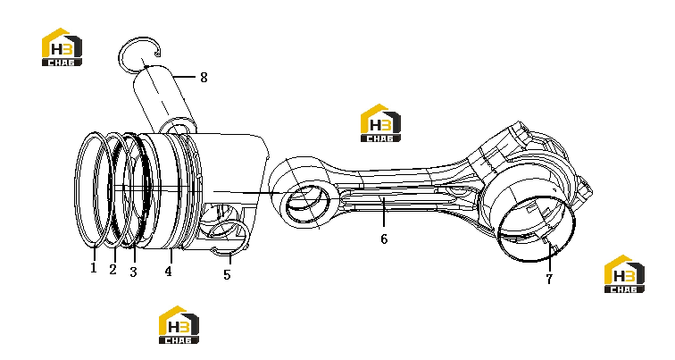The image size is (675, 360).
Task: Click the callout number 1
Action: pyautogui.click(x=94, y=268)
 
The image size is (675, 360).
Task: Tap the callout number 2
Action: pyautogui.click(x=112, y=269)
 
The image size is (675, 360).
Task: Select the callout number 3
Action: pyautogui.click(x=133, y=272)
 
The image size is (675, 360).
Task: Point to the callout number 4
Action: pyautogui.click(x=169, y=272)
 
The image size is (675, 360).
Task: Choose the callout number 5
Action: pyautogui.click(x=227, y=274)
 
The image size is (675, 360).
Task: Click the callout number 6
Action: pyautogui.click(x=384, y=239)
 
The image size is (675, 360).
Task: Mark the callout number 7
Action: pyautogui.click(x=549, y=279)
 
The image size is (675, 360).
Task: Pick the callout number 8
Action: pyautogui.click(x=204, y=78)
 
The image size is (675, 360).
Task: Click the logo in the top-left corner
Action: pyautogui.click(x=62, y=47)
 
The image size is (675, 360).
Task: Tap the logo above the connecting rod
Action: pyautogui.click(x=380, y=123)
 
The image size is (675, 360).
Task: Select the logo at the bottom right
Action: pyautogui.click(x=624, y=274)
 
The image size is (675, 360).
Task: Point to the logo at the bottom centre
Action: pyautogui.click(x=179, y=325)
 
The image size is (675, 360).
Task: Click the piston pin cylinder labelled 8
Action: pyautogui.click(x=163, y=99)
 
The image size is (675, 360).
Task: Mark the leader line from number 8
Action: pyautogui.click(x=184, y=78)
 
